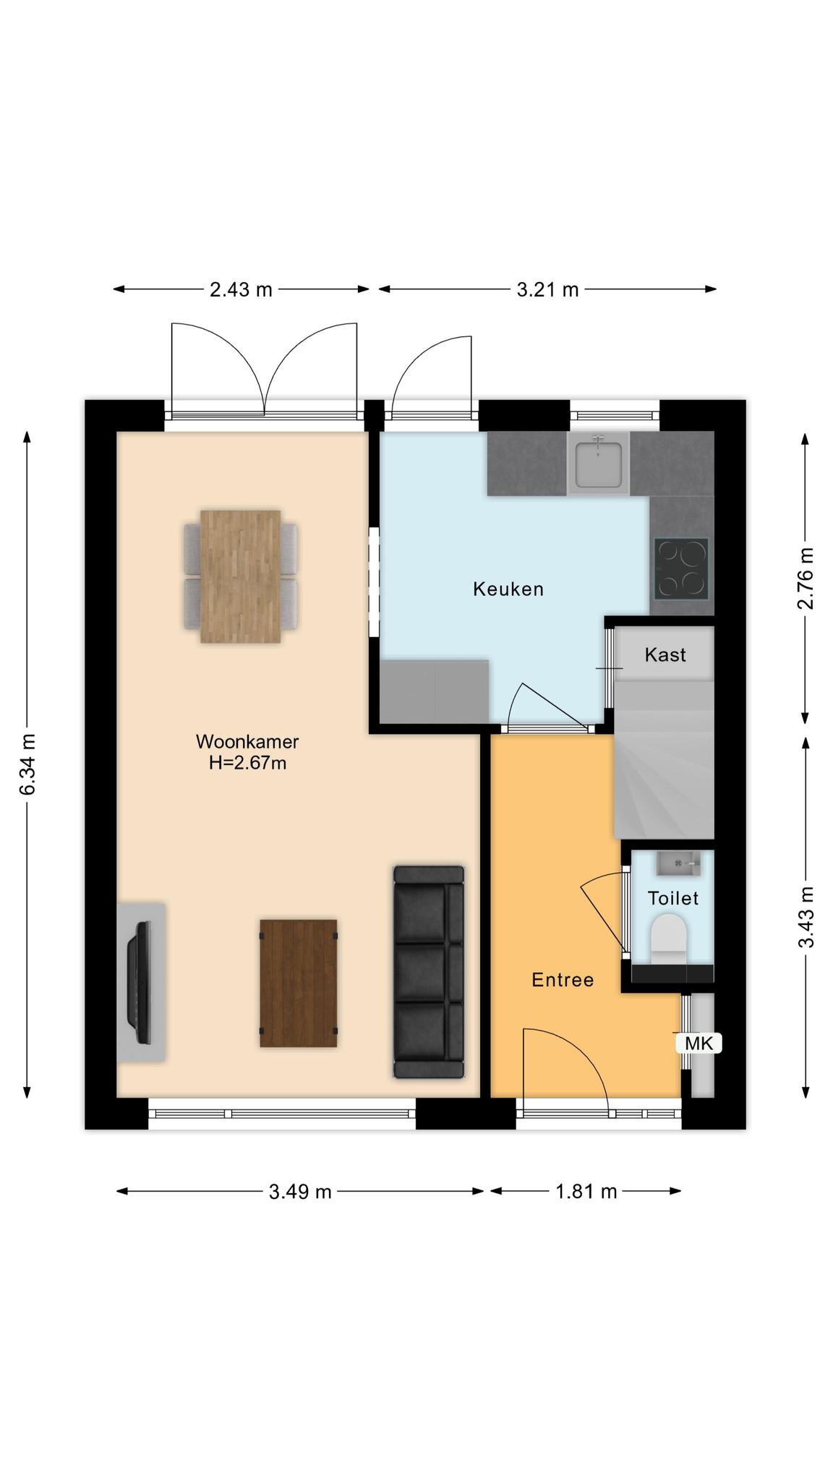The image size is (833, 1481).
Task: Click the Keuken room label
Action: pos(508,589)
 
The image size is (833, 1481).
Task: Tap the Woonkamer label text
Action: pos(247,741)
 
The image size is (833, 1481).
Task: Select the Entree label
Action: pos(563,980)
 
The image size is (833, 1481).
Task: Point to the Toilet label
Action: pos(673,898)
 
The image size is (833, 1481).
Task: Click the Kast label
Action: pos(665,654)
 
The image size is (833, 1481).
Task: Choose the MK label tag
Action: pos(699,1043)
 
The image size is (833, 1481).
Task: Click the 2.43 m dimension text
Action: pos(241,290)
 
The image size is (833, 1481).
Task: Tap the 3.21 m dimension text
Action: pos(548,290)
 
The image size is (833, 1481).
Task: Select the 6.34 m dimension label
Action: pos(27,764)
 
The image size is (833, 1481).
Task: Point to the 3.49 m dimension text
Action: pos(300,1192)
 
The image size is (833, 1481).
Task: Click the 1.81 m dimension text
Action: pos(586,1192)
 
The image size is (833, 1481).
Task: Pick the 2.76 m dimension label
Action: pos(806,579)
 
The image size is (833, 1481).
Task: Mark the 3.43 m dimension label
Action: pos(806,917)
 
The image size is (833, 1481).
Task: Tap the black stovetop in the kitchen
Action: pos(681,568)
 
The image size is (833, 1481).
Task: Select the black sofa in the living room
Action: pos(429,972)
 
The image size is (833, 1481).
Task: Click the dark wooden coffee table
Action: pos(299,983)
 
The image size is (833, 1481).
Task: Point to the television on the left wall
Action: pos(140,982)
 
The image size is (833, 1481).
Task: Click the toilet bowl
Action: pos(668,938)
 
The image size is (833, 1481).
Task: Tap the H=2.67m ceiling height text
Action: pos(247,763)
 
